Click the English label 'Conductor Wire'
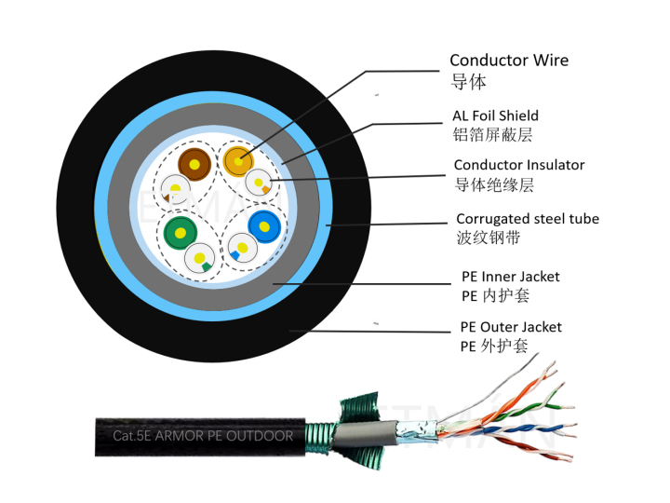[x=509, y=61]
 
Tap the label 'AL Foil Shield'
[x=495, y=116]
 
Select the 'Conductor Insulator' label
[x=519, y=165]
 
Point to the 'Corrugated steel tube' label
[x=527, y=219]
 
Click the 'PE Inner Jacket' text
[x=511, y=277]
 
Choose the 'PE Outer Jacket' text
[x=511, y=327]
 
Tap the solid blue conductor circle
[x=264, y=224]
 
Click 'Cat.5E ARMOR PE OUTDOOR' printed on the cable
[x=202, y=436]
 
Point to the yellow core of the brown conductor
[x=194, y=166]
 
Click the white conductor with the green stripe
[x=201, y=258]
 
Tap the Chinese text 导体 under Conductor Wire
[x=468, y=82]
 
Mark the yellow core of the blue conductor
[x=264, y=224]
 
